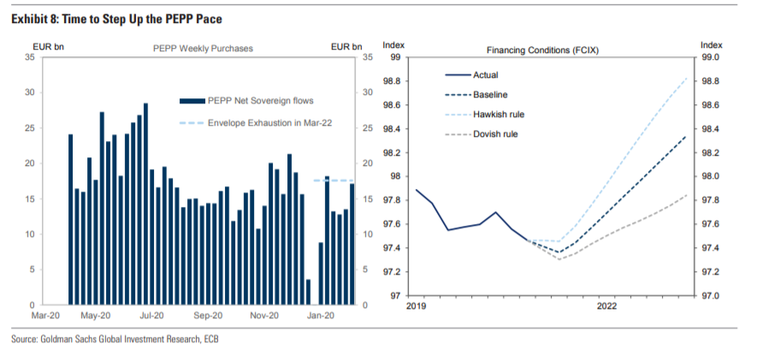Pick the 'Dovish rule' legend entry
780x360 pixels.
click(x=495, y=133)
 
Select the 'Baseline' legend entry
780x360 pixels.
click(x=492, y=94)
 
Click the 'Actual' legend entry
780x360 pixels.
click(x=485, y=74)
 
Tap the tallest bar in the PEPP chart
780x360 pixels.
click(x=145, y=204)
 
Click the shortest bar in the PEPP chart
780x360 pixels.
click(x=308, y=292)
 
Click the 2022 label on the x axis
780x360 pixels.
click(x=608, y=305)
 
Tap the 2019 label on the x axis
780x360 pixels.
click(x=416, y=305)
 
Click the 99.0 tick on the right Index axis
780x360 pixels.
click(x=711, y=57)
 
